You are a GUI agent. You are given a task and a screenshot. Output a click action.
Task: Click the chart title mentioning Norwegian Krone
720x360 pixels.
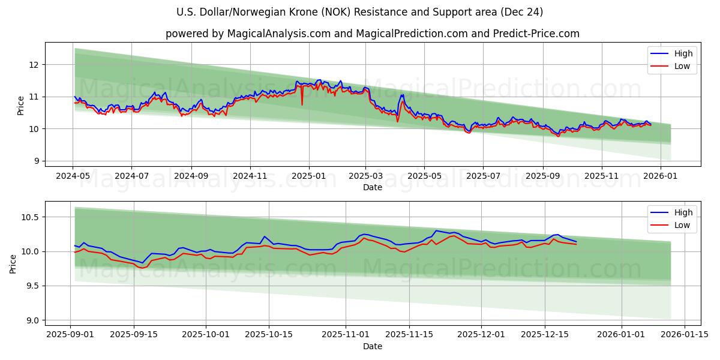(x=360, y=12)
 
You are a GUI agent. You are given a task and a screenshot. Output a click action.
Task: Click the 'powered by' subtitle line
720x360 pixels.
(x=372, y=34)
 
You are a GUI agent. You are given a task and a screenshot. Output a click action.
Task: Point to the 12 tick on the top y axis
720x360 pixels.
(x=35, y=65)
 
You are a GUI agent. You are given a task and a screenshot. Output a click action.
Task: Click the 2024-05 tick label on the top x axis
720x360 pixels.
(x=73, y=176)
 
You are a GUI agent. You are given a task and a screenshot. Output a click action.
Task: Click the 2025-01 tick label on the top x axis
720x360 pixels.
(x=309, y=176)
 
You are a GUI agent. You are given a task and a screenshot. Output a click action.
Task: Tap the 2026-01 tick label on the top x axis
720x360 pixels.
(x=661, y=176)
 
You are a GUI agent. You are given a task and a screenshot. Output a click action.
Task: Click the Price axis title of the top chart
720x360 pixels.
(x=21, y=105)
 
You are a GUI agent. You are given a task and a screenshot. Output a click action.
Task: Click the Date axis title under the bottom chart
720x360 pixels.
(x=372, y=346)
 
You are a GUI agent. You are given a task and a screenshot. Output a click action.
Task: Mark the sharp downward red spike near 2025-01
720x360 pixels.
(x=302, y=104)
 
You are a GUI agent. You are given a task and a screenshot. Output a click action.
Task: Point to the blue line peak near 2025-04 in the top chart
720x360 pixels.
(x=402, y=95)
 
